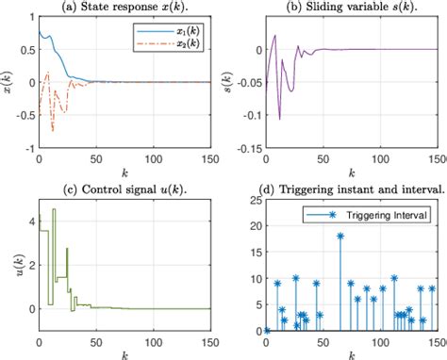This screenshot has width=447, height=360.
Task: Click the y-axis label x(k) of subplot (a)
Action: [8, 82]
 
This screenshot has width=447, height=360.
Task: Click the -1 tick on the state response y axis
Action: [27, 149]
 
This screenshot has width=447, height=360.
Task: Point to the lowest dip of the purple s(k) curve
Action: [280, 120]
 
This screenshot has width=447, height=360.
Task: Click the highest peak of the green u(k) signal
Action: [54, 209]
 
